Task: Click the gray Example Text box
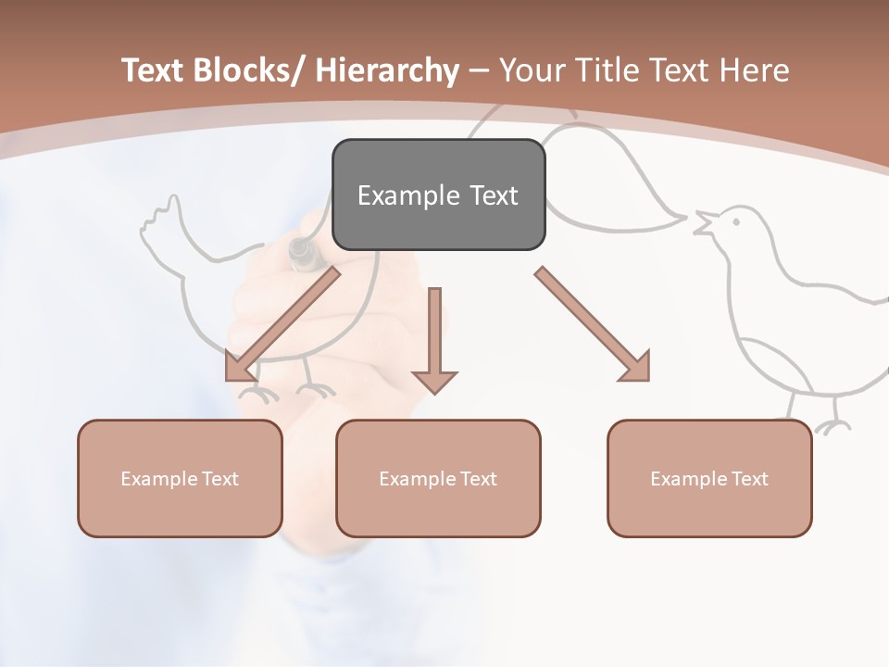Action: pyautogui.click(x=438, y=195)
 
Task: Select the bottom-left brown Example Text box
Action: pyautogui.click(x=180, y=478)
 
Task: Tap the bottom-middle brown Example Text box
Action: pyautogui.click(x=438, y=478)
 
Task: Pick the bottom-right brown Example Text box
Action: pyautogui.click(x=709, y=478)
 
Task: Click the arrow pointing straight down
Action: pyautogui.click(x=434, y=343)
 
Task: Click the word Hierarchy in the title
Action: pyautogui.click(x=387, y=70)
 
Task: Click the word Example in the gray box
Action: pyautogui.click(x=408, y=195)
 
